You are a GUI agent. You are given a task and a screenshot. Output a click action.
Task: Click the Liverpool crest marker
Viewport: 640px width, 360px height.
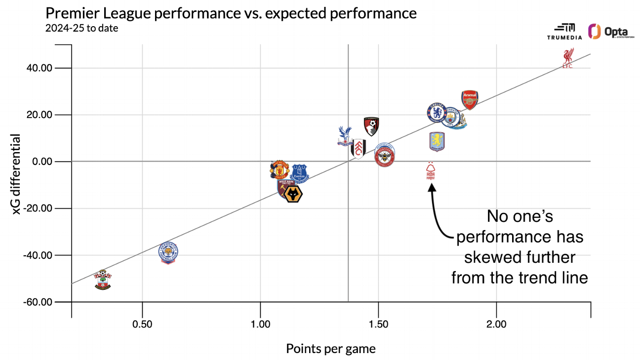(x=567, y=58)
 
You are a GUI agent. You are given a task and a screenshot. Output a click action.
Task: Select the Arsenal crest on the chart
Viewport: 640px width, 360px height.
(x=470, y=100)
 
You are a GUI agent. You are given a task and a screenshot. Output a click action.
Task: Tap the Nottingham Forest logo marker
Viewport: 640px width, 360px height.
(x=431, y=172)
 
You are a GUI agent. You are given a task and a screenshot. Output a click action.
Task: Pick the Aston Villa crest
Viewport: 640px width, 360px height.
(x=437, y=142)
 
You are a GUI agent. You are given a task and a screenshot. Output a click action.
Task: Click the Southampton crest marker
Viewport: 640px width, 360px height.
(x=103, y=280)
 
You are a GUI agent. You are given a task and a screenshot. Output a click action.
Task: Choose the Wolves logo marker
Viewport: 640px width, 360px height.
(x=293, y=194)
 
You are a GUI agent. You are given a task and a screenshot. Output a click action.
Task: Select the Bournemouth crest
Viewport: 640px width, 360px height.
(x=371, y=127)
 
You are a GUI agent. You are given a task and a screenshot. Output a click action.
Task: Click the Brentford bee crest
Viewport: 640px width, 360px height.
(x=384, y=156)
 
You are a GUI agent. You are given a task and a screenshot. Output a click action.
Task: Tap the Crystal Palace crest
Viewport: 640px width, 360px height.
(x=344, y=136)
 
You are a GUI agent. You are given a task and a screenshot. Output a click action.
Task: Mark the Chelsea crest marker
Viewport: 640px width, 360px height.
(x=437, y=113)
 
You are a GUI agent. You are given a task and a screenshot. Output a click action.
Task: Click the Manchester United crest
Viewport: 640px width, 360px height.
(x=280, y=169)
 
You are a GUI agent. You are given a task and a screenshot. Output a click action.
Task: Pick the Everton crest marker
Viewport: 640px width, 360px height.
(x=299, y=173)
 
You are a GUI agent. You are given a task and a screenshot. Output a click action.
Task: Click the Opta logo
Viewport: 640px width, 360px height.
(x=611, y=32)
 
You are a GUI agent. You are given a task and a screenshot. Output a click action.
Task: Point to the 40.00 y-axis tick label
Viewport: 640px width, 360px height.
(x=39, y=68)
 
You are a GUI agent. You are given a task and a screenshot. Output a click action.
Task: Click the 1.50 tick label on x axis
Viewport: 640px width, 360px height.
(x=378, y=325)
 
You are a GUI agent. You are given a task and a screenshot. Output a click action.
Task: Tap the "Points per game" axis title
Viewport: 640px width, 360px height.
(x=331, y=349)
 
